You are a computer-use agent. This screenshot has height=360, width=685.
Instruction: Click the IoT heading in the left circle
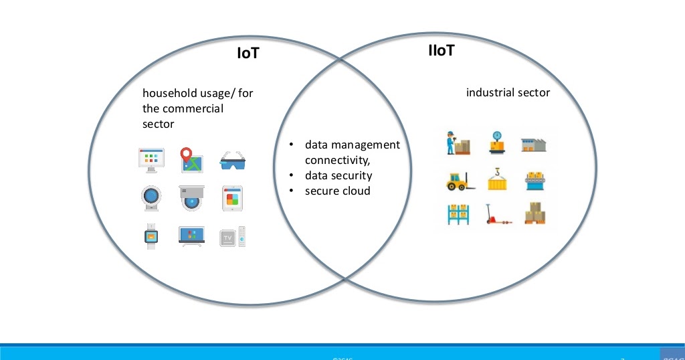point(248,53)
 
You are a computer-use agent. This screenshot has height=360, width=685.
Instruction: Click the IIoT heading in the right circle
point(442,50)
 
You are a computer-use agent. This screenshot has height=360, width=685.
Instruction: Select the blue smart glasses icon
point(233,161)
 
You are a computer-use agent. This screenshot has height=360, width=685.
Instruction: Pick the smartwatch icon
point(151,236)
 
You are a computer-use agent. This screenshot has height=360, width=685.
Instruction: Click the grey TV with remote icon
point(233,237)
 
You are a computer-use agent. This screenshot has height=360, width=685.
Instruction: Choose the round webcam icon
point(151,198)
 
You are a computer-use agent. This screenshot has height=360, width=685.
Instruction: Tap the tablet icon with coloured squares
point(231,199)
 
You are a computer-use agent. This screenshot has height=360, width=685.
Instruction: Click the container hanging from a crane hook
point(497,179)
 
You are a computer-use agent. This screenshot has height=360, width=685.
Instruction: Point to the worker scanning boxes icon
point(458,143)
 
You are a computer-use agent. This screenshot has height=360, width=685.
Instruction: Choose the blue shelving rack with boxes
point(459,214)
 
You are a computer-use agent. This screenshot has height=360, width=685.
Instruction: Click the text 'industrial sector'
point(508,92)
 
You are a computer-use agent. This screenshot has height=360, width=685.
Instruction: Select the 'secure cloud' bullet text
point(337,191)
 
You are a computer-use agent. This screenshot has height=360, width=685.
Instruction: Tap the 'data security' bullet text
point(338,175)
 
